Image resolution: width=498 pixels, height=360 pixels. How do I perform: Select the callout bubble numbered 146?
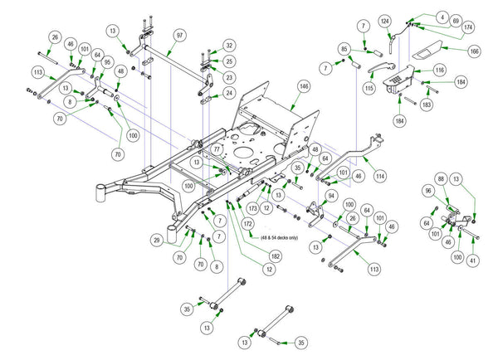coord(304,86)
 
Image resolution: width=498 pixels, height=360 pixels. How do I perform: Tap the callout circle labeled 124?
coord(385,20)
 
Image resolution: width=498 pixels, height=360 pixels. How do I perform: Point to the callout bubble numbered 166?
coord(474,51)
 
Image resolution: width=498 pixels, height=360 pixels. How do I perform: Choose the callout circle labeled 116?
coord(440,71)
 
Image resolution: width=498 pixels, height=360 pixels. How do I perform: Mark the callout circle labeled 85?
coord(344,48)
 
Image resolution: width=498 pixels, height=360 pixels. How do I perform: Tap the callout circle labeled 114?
coord(379,176)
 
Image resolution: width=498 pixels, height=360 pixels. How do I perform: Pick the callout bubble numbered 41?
coord(473,261)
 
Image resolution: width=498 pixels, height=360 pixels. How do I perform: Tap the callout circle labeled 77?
coord(216,149)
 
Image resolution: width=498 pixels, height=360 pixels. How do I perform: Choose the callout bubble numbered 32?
coord(229,46)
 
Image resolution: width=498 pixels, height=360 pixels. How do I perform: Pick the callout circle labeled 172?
coord(248,223)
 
